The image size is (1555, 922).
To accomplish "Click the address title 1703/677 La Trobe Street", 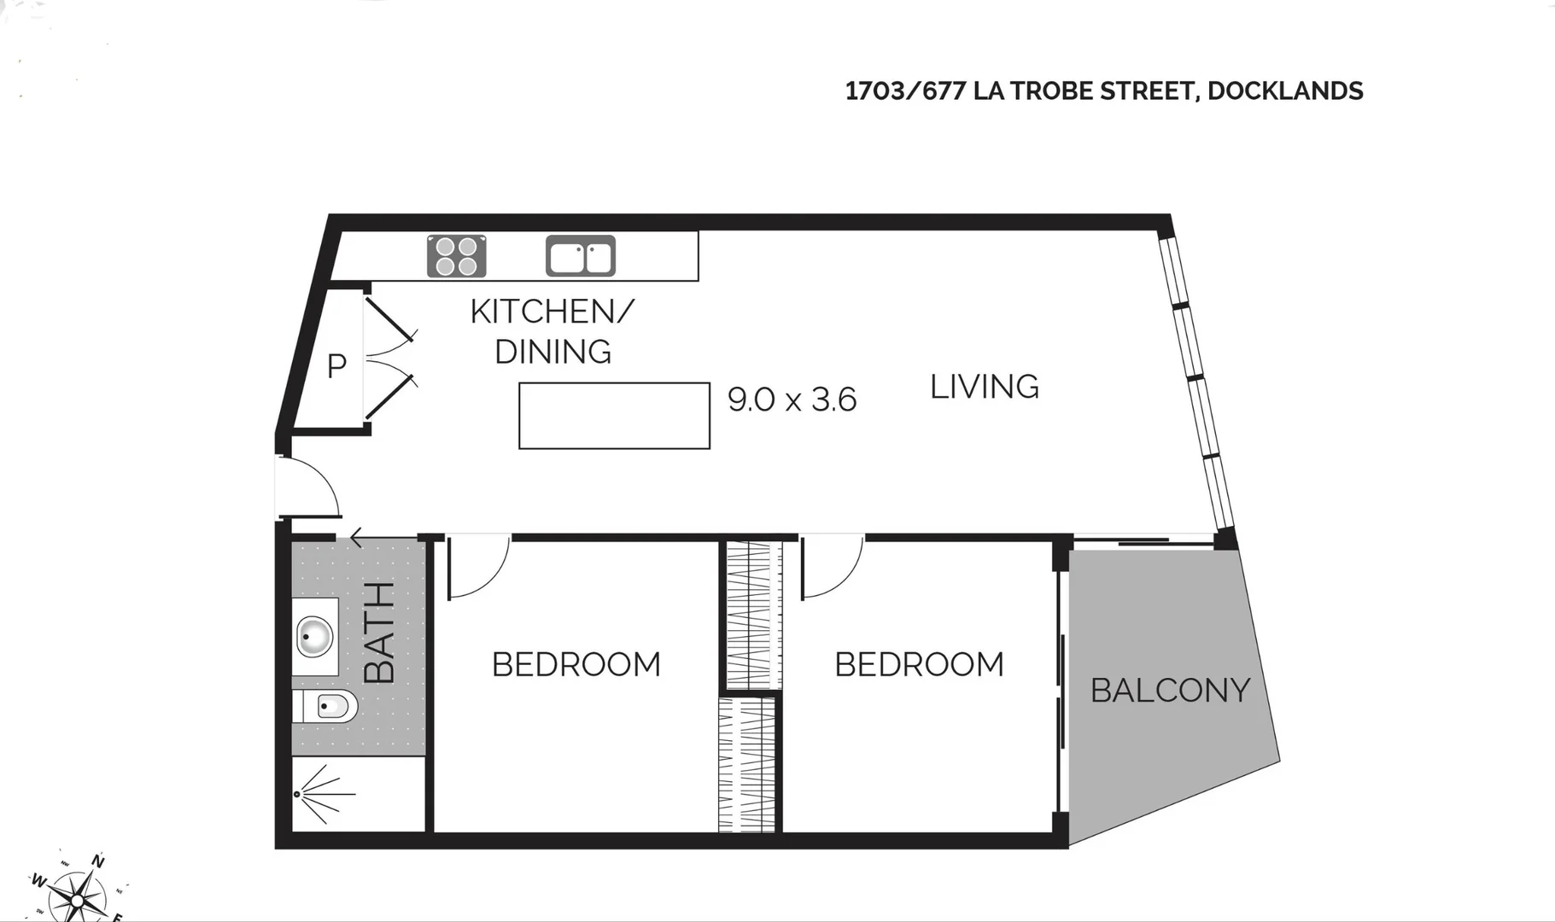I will point(1103,91).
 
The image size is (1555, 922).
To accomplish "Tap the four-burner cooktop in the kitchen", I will point(456,256).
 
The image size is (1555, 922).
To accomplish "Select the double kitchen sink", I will point(581,256).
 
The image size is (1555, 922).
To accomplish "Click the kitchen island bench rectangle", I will point(614,416).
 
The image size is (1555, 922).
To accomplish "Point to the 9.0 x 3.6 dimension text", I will point(792,400).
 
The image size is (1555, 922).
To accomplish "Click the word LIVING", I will point(984,388).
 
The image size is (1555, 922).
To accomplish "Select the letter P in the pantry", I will point(336,366).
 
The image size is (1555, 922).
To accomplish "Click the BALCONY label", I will point(1170,691).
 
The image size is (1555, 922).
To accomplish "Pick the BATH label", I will point(380,633).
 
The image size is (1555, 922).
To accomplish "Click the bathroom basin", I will point(314,636).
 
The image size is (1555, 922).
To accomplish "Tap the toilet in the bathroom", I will point(329,706).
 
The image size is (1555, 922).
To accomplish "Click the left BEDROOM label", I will point(576,665).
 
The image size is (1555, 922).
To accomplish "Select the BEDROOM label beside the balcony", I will point(919,665).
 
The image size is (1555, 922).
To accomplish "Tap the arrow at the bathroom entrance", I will point(358,538).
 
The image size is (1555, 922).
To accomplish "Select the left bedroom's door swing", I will point(476,565).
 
